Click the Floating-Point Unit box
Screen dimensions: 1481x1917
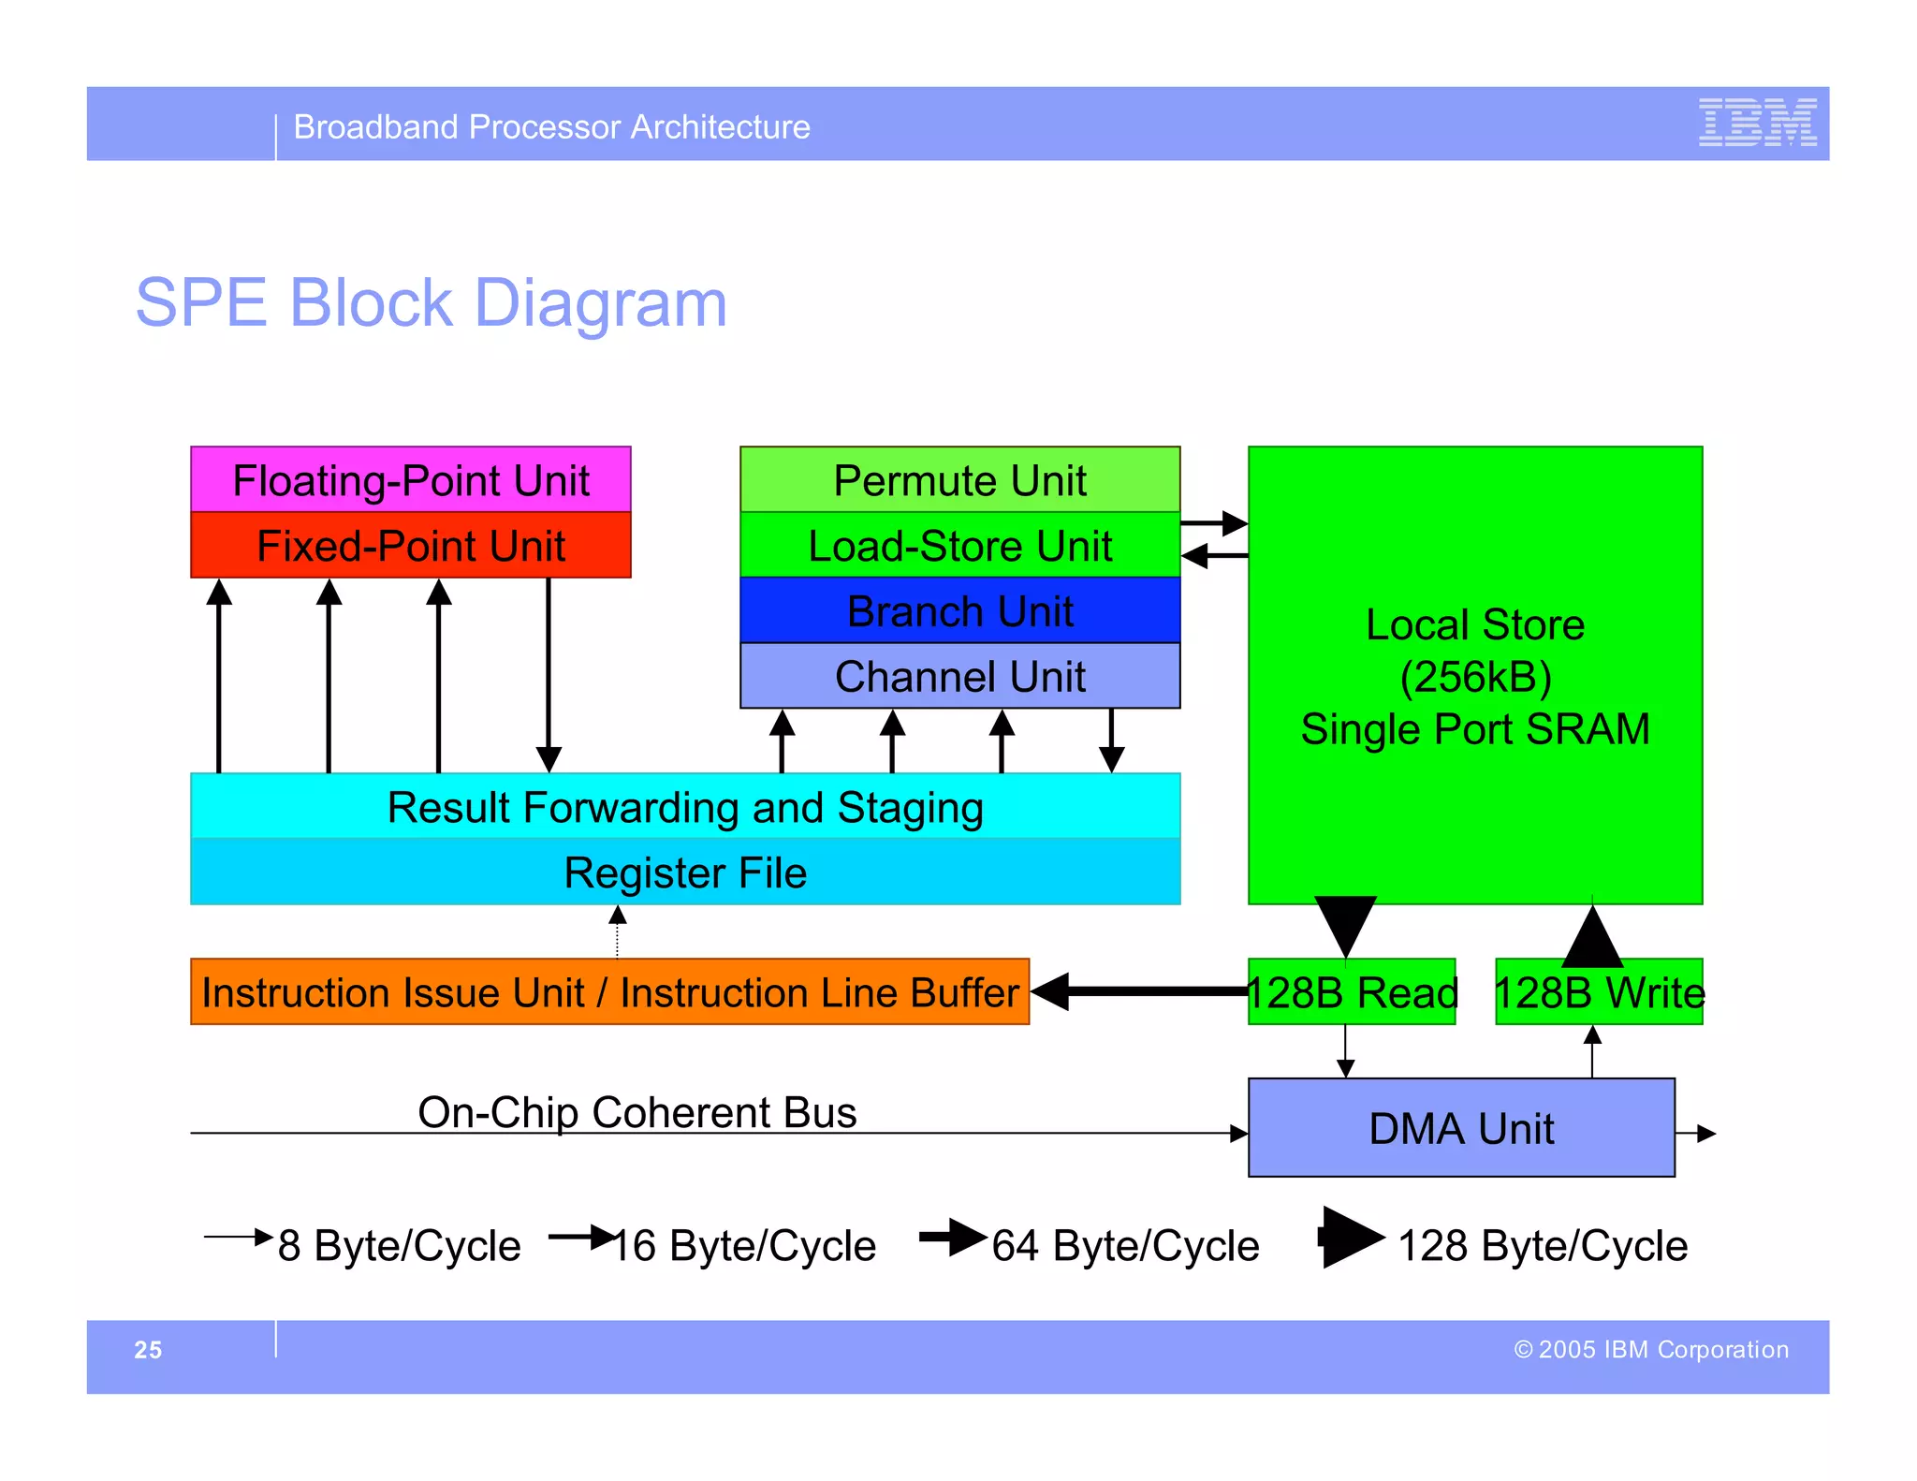410,479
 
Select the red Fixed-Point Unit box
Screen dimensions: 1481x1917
410,545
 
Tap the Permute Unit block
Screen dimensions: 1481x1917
959,479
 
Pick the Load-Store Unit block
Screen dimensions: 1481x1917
959,545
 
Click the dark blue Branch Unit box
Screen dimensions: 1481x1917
959,610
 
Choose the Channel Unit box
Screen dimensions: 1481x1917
959,676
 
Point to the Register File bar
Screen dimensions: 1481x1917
684,872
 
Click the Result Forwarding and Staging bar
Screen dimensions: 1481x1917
684,806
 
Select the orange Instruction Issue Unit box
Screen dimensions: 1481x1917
609,991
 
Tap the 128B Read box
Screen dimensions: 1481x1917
1352,992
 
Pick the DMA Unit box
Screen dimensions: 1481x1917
1460,1128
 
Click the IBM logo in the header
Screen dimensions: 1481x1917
1757,123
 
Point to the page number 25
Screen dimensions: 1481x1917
148,1349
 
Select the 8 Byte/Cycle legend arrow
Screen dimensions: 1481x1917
238,1238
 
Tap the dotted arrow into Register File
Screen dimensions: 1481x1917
617,931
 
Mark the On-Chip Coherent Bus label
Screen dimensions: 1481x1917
637,1112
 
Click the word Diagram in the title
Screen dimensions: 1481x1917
600,302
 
